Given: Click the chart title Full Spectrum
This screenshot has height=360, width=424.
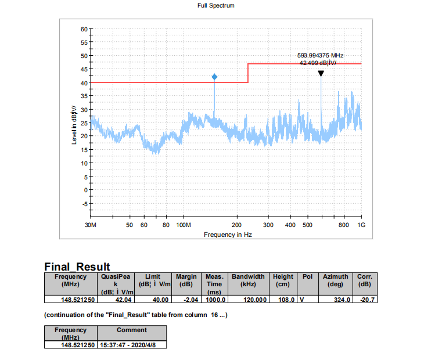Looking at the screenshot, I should pos(215,5).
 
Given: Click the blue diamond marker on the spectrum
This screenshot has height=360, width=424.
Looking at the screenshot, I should pos(214,77).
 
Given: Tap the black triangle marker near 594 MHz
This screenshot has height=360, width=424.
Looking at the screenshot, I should pos(321,74).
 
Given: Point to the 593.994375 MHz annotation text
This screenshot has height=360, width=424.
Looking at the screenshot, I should pos(317,55).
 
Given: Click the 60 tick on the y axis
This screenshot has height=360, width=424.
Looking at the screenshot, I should pos(84,28).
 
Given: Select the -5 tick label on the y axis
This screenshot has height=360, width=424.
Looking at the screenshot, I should pos(84,204).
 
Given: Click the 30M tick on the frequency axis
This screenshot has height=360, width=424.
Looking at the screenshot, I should pos(91,224).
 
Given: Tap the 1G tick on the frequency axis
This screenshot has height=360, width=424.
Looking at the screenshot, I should pos(361,224).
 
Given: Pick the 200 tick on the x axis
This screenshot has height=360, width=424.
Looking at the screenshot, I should pos(237,224).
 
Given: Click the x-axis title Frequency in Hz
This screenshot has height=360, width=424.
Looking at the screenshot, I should pos(227,235).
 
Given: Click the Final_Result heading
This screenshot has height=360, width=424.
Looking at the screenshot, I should pos(77,267).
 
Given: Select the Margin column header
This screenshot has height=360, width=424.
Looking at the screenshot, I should pos(186,280).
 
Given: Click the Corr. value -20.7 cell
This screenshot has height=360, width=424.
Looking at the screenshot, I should pos(365,300).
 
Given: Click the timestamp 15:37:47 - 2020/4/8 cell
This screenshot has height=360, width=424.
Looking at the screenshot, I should pos(131,345).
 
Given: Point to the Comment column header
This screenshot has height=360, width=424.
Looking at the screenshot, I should pos(131,330).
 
